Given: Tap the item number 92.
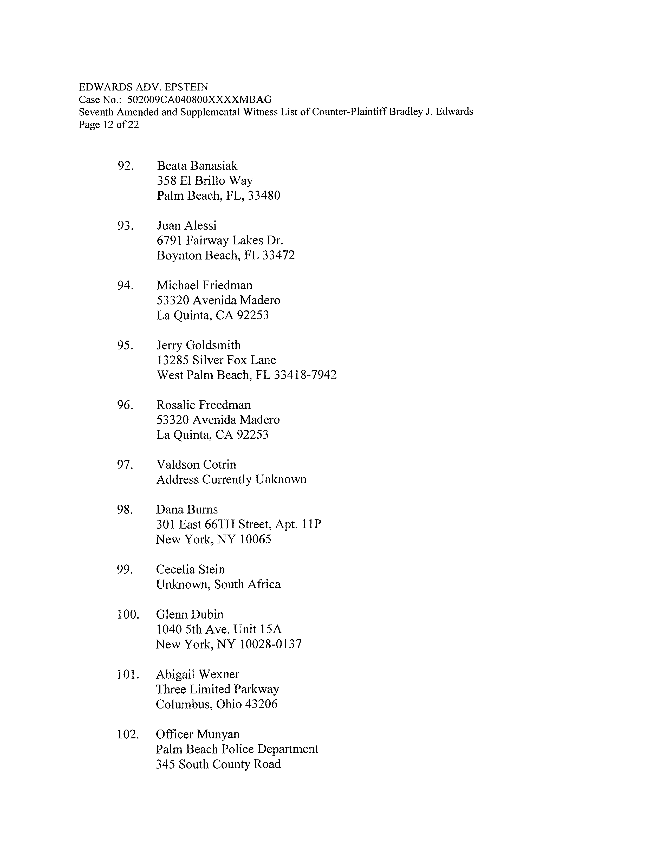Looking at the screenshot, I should click(125, 166).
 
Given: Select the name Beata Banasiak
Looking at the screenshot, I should click(197, 166).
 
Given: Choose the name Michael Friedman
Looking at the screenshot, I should click(204, 285).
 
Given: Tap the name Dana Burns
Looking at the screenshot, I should click(187, 510).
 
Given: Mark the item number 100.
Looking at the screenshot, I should click(128, 614).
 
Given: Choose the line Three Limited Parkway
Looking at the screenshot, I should click(217, 689).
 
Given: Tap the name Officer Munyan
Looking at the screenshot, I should click(198, 734).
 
